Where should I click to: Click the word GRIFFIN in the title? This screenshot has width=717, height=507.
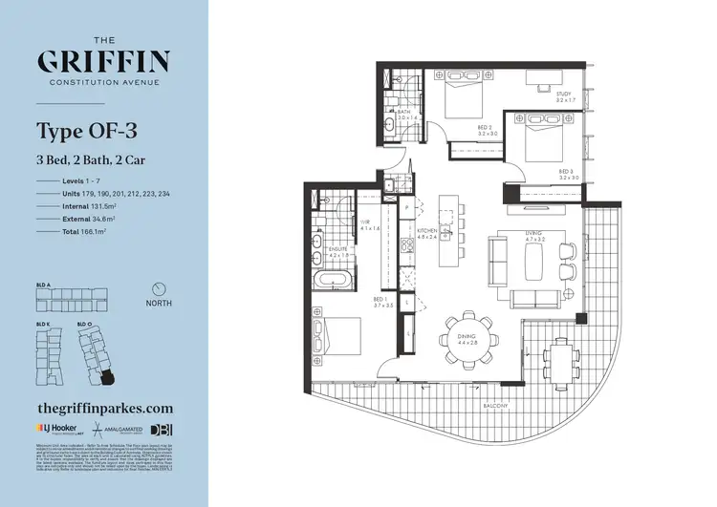tap(103, 63)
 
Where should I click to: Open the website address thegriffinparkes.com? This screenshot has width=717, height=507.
tap(104, 406)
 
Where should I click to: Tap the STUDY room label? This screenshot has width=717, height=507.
tap(566, 96)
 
